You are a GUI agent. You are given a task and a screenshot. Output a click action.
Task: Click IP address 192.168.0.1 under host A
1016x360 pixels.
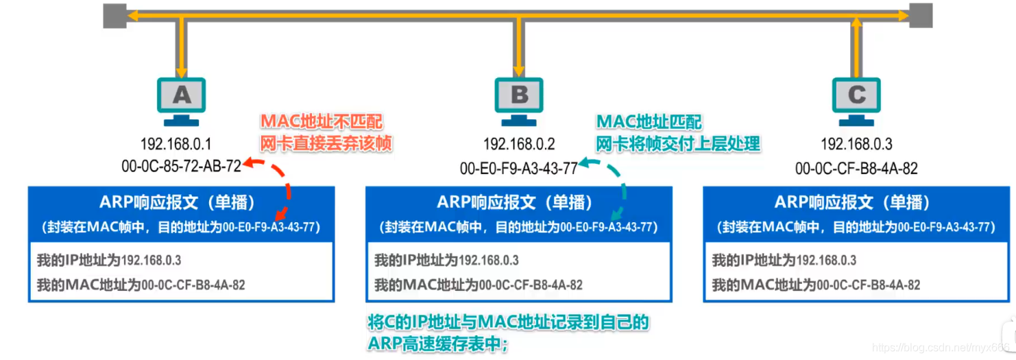(x=176, y=144)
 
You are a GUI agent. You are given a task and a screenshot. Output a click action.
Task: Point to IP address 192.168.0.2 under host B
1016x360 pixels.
(x=518, y=144)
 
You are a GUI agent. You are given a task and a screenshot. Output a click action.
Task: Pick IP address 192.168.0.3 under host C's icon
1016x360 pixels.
(x=856, y=144)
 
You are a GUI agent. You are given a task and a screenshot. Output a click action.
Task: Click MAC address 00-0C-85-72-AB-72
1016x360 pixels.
(x=181, y=166)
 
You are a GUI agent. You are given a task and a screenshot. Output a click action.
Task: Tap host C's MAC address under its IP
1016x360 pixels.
(x=856, y=167)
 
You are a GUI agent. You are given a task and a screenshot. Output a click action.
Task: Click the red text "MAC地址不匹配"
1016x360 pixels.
(x=322, y=122)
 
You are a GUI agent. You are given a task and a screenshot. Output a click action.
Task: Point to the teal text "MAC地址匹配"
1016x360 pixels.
(x=649, y=122)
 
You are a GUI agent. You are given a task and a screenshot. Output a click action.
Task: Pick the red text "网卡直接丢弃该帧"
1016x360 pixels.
(x=326, y=143)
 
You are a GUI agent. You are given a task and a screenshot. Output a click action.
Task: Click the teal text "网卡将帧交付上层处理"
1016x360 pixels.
(x=678, y=143)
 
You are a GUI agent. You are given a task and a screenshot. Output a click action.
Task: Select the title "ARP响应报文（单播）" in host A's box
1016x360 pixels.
(x=181, y=203)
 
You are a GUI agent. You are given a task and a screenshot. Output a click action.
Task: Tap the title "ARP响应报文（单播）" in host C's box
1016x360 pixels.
(x=856, y=203)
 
